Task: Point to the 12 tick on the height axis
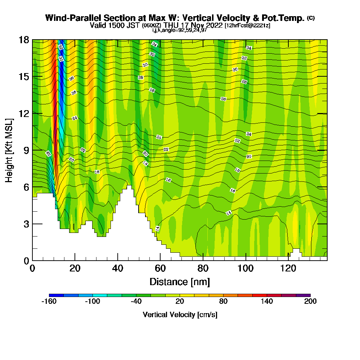click(32, 113)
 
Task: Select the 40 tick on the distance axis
click(118, 260)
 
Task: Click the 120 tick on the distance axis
click(289, 260)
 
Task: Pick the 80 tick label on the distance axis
click(203, 268)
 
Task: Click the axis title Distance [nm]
click(180, 282)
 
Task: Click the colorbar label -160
click(49, 302)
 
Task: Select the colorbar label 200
click(310, 302)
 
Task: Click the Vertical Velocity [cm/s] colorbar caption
click(180, 315)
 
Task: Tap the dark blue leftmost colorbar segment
click(56, 295)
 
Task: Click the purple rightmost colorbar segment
click(303, 295)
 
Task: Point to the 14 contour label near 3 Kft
click(157, 229)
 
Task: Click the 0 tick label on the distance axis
click(32, 268)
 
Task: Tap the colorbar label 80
click(223, 302)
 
